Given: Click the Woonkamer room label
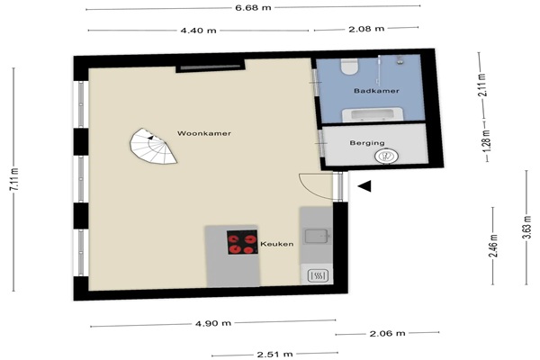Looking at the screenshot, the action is pyautogui.click(x=204, y=133).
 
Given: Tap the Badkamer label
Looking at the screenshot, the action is pyautogui.click(x=376, y=91).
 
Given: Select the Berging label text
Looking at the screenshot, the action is pyautogui.click(x=367, y=142).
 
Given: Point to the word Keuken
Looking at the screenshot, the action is pyautogui.click(x=277, y=244).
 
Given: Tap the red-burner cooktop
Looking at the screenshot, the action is pyautogui.click(x=242, y=242).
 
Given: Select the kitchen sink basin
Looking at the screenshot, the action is pyautogui.click(x=318, y=236).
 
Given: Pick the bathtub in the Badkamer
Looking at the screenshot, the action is pyautogui.click(x=372, y=114).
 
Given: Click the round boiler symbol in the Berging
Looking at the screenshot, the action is pyautogui.click(x=387, y=156).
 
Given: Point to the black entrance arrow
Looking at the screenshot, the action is pyautogui.click(x=364, y=186).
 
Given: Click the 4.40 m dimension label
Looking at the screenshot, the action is pyautogui.click(x=198, y=31).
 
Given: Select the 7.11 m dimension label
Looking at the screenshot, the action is pyautogui.click(x=13, y=179).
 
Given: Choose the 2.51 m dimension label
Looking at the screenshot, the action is pyautogui.click(x=274, y=354).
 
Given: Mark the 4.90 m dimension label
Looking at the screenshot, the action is pyautogui.click(x=213, y=323).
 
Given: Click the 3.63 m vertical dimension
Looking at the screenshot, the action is pyautogui.click(x=526, y=227).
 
